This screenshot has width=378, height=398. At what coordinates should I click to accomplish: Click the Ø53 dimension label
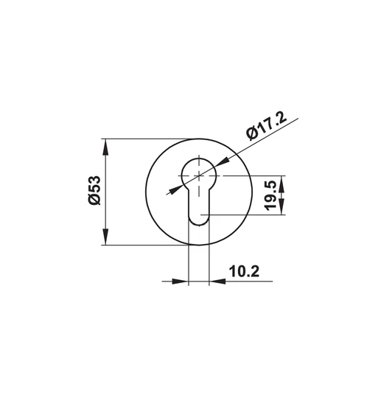[94, 192]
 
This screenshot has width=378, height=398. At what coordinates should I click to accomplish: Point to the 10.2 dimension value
[243, 270]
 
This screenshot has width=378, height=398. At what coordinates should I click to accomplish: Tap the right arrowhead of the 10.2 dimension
[217, 281]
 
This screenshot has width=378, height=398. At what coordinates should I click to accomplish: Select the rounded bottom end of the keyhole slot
[199, 220]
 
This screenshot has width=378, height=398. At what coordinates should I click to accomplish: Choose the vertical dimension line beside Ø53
[106, 192]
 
